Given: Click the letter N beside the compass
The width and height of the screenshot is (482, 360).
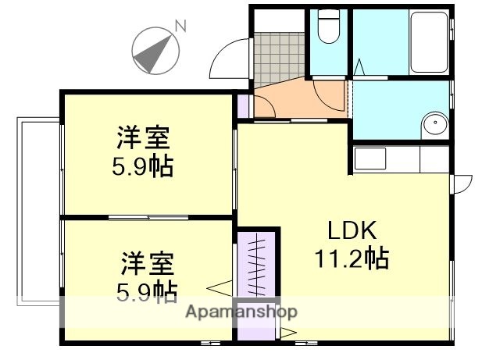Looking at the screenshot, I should point(180,27).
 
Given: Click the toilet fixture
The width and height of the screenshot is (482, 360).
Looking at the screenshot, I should point(327,30).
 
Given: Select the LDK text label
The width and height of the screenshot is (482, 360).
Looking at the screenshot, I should point(352,232).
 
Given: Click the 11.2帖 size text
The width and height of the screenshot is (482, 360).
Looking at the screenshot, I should point(352,258).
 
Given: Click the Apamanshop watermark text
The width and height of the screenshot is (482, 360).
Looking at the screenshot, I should point(241,312).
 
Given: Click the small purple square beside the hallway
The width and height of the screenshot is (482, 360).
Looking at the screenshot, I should point(244,104).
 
